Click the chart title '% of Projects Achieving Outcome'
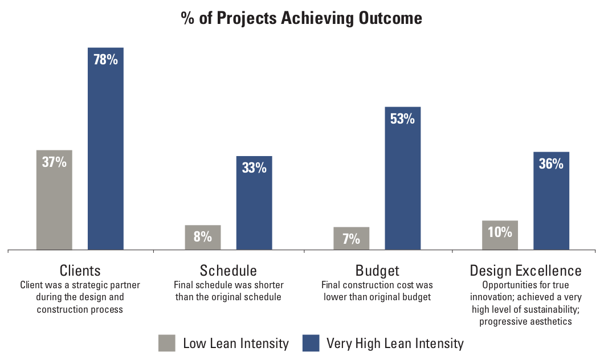301,18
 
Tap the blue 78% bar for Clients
105,148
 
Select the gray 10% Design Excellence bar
500,235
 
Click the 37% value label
54,162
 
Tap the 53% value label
403,119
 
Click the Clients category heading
80,271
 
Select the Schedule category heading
228,271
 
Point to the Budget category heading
377,271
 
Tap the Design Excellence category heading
525,271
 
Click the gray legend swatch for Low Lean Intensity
167,343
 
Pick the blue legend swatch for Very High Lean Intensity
311,343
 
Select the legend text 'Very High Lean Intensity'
395,344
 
